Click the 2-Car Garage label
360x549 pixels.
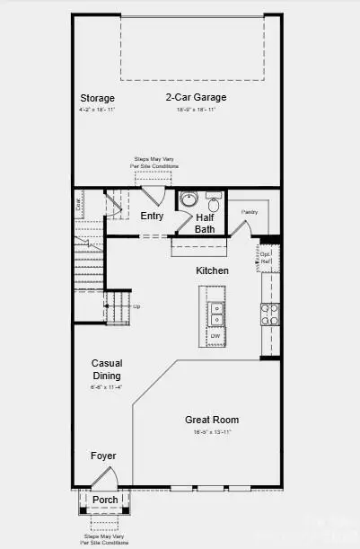click(195, 97)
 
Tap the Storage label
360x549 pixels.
click(97, 98)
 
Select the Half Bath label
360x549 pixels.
click(205, 223)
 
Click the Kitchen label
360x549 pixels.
click(213, 270)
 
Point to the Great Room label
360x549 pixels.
click(212, 420)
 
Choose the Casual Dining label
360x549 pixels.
click(106, 369)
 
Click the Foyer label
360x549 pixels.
click(103, 456)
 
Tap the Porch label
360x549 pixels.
click(105, 500)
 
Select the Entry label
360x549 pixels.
click(152, 216)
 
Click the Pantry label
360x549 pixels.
click(249, 212)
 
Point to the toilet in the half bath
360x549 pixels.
click(214, 203)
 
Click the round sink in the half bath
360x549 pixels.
click(189, 199)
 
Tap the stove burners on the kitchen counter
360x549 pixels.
click(268, 313)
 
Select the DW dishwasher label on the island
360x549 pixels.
click(215, 336)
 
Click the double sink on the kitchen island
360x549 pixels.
click(216, 312)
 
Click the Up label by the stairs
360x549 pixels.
click(136, 306)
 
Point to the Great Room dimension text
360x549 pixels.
click(212, 432)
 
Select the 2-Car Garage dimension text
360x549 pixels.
click(195, 109)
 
